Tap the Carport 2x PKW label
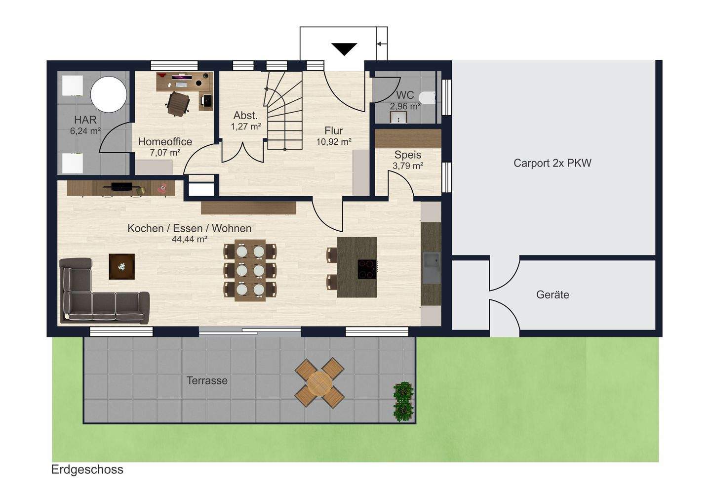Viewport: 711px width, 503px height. point(553,163)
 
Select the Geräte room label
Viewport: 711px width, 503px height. point(553,294)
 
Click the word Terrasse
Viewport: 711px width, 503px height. point(207,380)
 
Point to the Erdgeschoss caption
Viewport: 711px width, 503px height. point(87,470)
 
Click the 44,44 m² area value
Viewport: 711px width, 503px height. point(190,239)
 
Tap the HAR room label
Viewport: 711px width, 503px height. point(85,120)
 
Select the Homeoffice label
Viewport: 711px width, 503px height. point(165,142)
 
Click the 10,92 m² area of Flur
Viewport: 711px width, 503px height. point(334,142)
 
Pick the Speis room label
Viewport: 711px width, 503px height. point(408,155)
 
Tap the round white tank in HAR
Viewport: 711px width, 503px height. point(109,94)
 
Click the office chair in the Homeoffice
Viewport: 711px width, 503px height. point(178,104)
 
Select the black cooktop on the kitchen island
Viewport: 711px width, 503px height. point(367,269)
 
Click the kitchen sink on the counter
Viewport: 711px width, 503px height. point(432,268)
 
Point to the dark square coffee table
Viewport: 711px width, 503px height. point(121,266)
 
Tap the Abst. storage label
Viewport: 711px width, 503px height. point(246,115)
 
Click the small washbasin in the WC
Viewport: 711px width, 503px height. point(398,118)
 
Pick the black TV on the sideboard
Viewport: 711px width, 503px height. point(122,186)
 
